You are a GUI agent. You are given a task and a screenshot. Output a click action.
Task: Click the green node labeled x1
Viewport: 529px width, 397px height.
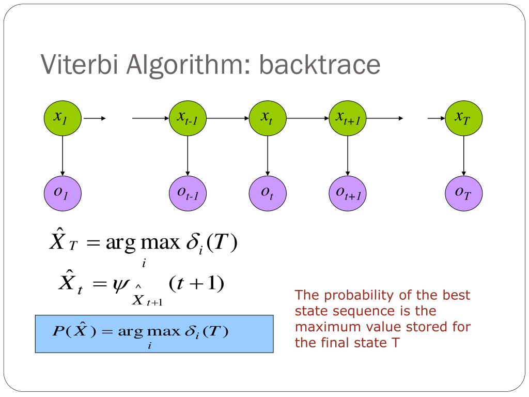(62, 118)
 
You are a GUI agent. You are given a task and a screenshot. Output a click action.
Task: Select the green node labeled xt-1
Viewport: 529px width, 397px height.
(188, 118)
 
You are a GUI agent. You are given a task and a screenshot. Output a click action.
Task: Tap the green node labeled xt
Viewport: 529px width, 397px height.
(267, 118)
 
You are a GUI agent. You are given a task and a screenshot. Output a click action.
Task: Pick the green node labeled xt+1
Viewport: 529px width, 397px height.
(347, 118)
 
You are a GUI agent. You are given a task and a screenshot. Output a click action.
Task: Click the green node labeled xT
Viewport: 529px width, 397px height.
(463, 118)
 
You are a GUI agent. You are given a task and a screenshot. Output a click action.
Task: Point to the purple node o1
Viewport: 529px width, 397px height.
(62, 193)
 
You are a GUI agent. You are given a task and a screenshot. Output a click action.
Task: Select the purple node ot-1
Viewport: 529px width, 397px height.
(188, 193)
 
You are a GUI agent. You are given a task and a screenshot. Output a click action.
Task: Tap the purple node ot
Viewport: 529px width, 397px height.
(267, 193)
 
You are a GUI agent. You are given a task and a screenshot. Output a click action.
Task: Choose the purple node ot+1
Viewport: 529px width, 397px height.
(347, 193)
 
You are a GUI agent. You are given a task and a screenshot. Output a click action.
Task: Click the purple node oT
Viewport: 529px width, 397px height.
(463, 193)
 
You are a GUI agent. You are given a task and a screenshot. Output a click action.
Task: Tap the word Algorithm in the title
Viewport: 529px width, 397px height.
(183, 66)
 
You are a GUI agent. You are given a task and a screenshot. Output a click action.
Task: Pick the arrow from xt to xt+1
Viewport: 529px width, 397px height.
(307, 118)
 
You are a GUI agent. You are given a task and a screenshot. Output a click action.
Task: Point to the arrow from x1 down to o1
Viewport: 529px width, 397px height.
(62, 155)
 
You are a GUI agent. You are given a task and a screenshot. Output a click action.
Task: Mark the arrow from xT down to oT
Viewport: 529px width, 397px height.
(463, 155)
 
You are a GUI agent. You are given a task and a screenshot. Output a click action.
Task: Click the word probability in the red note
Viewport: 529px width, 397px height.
(351, 296)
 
